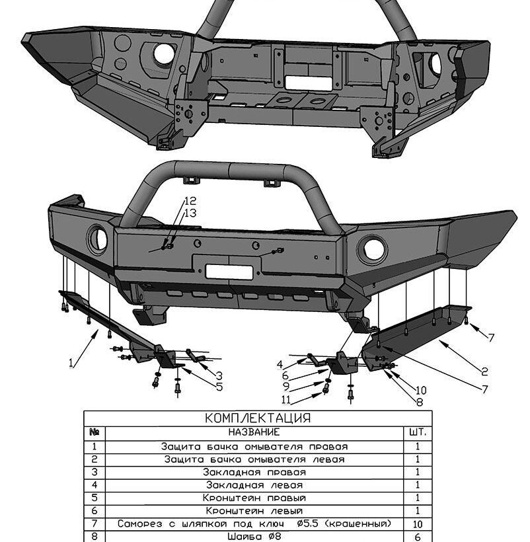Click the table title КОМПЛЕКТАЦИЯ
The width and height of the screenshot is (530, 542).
(x=258, y=418)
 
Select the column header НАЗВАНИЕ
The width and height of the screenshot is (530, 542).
(x=254, y=432)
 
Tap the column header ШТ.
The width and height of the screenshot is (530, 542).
(x=418, y=432)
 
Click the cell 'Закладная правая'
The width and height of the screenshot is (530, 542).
(x=254, y=472)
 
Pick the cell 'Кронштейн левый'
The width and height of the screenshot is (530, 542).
(x=254, y=510)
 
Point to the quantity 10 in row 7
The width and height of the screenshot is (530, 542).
(x=418, y=524)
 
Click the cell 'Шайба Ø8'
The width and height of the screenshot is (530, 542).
(x=254, y=537)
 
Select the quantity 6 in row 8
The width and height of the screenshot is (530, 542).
(x=418, y=537)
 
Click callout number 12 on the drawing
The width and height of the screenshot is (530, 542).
(x=190, y=201)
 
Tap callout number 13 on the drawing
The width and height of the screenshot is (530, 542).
(x=190, y=213)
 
